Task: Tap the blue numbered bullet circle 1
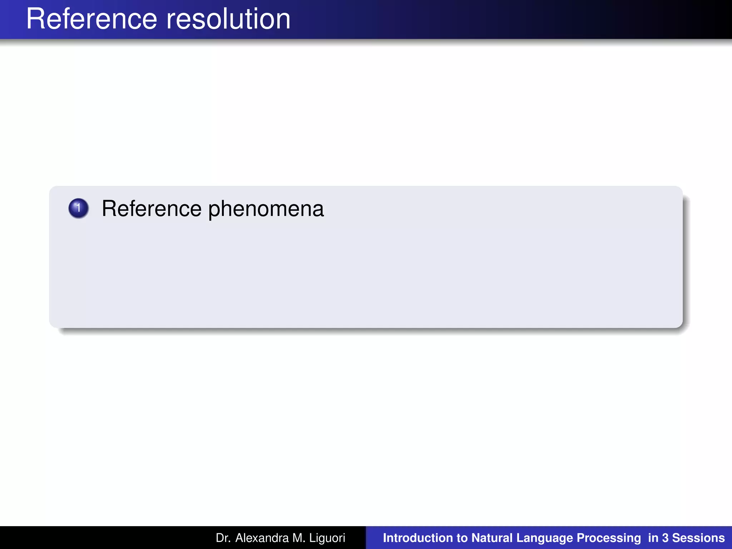pos(78,208)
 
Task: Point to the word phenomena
pos(266,209)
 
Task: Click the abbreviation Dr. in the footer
pos(222,538)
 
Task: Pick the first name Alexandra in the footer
pos(262,538)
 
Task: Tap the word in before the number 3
pos(653,538)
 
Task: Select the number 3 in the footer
pos(665,538)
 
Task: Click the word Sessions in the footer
pos(698,538)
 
